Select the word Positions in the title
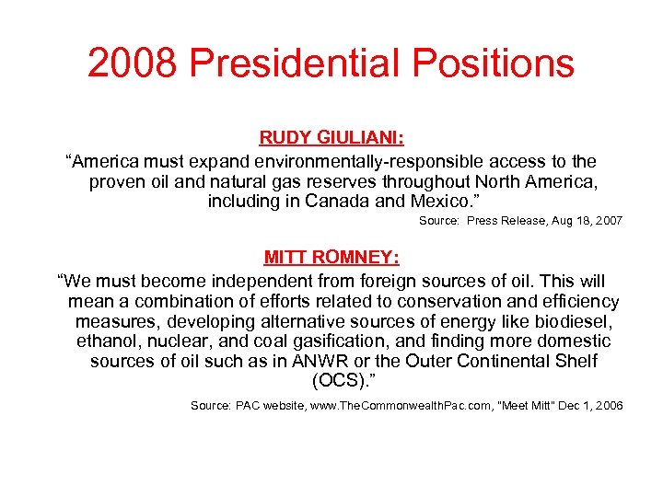[493, 63]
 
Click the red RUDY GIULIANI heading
[331, 138]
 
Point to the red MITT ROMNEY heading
[331, 257]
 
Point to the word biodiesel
[577, 321]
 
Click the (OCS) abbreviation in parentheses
[331, 381]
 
